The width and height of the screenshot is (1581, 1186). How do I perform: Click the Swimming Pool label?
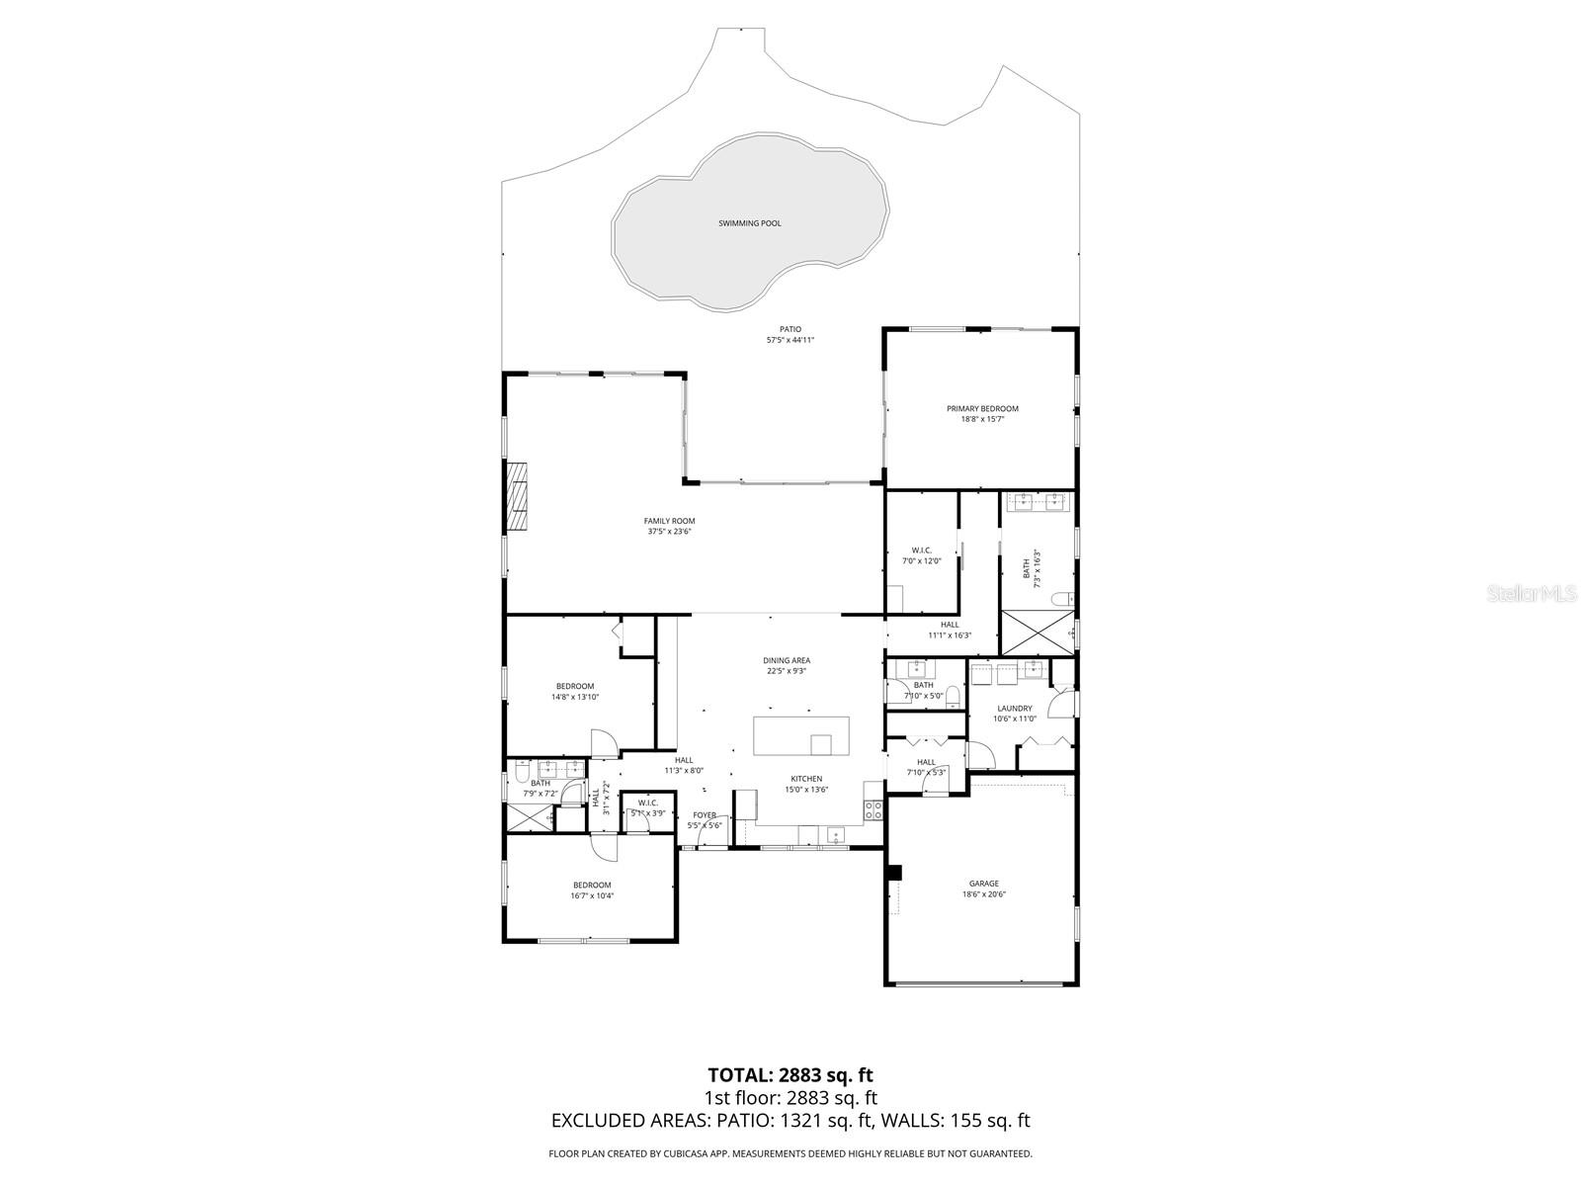(x=749, y=223)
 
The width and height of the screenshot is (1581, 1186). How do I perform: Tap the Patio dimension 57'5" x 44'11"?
(x=790, y=340)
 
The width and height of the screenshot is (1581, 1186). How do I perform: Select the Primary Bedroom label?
(x=982, y=408)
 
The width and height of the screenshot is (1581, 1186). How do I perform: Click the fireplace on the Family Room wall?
(x=517, y=498)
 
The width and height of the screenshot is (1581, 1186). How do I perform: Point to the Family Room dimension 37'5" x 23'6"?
(x=669, y=532)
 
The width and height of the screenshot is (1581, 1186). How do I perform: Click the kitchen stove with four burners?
(x=874, y=810)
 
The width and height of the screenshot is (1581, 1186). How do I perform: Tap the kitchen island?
(x=800, y=736)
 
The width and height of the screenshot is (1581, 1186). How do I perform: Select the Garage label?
(x=983, y=884)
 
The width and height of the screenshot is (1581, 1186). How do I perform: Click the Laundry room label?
(x=1015, y=708)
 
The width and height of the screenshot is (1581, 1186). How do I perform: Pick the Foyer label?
(x=705, y=814)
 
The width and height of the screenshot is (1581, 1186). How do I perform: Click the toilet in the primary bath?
(x=1061, y=599)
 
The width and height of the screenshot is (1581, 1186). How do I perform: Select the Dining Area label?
(x=787, y=660)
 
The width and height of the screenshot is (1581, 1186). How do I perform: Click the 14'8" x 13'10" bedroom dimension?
(x=575, y=697)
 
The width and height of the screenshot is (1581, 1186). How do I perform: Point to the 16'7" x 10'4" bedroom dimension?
(x=592, y=896)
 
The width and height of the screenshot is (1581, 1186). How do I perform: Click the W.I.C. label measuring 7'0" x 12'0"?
(x=921, y=551)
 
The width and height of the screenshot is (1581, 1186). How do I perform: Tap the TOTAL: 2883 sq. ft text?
(x=790, y=1074)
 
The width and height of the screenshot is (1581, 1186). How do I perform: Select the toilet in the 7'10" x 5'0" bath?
(x=952, y=693)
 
